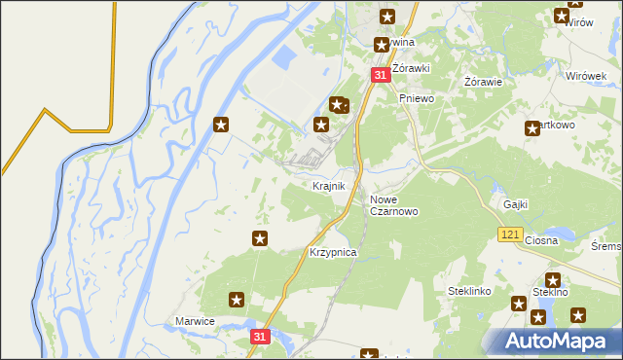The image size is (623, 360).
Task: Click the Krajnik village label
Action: (x=329, y=186)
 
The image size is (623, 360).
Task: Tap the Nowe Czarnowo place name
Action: (x=393, y=205)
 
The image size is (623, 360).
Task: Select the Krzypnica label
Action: (x=333, y=252)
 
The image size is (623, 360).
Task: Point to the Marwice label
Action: (x=194, y=321)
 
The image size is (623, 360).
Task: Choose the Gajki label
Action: (x=515, y=204)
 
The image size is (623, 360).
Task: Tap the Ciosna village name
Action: (x=540, y=240)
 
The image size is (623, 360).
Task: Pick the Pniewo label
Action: (x=416, y=98)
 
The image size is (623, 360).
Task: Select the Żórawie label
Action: (x=483, y=82)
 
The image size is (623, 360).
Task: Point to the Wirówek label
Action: (x=586, y=74)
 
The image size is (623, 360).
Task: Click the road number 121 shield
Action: (x=509, y=234)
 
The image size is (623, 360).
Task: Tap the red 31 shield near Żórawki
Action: (x=381, y=75)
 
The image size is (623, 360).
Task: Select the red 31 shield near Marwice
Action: (x=259, y=336)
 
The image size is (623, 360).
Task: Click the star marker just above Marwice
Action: (x=236, y=300)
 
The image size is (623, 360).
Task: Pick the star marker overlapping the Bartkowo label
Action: (x=532, y=127)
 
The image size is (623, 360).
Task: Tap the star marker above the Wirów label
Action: (x=563, y=15)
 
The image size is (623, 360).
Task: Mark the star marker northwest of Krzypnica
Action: (x=260, y=238)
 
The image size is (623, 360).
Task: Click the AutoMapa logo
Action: (x=551, y=342)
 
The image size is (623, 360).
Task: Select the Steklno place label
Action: (x=551, y=292)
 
